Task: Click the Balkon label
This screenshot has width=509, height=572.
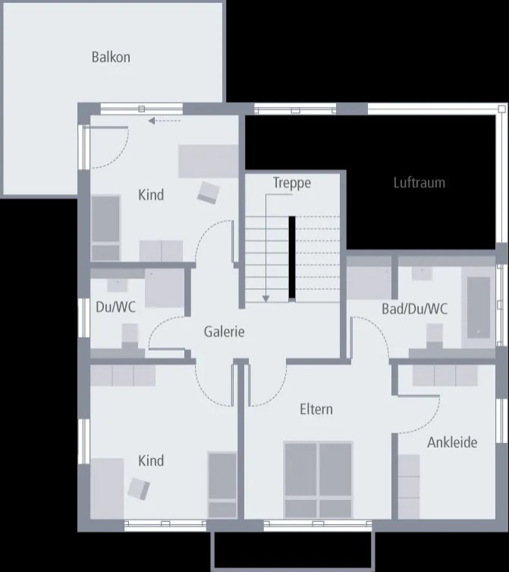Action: (x=111, y=57)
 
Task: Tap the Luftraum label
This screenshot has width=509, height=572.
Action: (x=419, y=183)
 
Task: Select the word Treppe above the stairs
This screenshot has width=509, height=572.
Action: (x=292, y=183)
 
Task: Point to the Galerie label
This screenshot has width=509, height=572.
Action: (x=224, y=332)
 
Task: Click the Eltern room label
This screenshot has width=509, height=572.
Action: (x=316, y=410)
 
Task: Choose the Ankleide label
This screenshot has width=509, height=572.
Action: (x=452, y=442)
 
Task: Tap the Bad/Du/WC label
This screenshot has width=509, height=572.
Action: (x=414, y=309)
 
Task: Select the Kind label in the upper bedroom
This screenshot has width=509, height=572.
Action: (x=151, y=195)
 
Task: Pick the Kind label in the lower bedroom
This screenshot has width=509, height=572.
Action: (x=151, y=460)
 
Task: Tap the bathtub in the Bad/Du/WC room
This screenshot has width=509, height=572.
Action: (x=479, y=307)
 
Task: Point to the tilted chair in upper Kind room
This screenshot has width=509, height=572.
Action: (x=208, y=193)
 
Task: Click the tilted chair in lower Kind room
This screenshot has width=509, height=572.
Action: (x=139, y=488)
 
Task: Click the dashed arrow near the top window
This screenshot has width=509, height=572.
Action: (x=165, y=121)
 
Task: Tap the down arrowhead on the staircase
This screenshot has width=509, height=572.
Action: (x=265, y=297)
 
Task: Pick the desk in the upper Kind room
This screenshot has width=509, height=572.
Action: (x=209, y=161)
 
